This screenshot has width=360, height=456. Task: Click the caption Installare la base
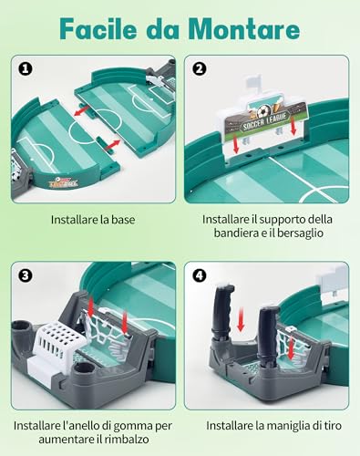[x=93, y=219]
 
